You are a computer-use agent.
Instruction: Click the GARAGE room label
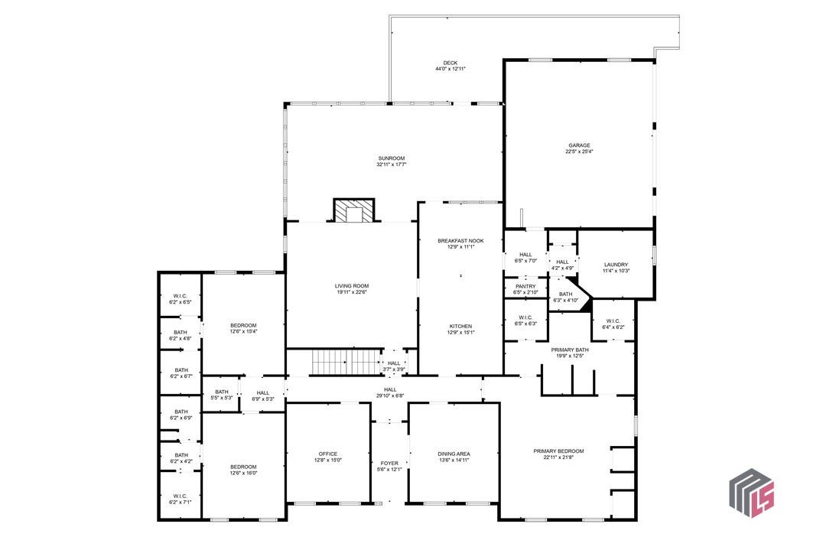tap(579, 145)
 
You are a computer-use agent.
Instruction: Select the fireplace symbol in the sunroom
tap(354, 210)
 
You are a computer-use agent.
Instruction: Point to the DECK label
tap(450, 63)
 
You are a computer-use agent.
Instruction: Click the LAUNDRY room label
tap(616, 265)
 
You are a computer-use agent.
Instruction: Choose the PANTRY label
tap(525, 286)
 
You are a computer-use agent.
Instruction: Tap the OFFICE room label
tap(328, 454)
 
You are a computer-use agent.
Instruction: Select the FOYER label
tap(389, 463)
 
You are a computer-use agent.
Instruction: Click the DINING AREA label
tap(454, 454)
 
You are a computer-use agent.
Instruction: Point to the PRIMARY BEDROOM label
tap(558, 451)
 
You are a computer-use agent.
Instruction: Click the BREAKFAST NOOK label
tap(460, 241)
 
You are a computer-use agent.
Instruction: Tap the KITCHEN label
tap(460, 326)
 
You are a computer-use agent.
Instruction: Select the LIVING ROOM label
tap(352, 285)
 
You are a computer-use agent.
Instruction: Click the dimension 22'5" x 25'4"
tap(579, 151)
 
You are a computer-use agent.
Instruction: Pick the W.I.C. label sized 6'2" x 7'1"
tap(180, 495)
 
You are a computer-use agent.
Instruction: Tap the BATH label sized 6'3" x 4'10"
tap(565, 294)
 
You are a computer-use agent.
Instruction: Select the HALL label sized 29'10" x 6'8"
tap(390, 389)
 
